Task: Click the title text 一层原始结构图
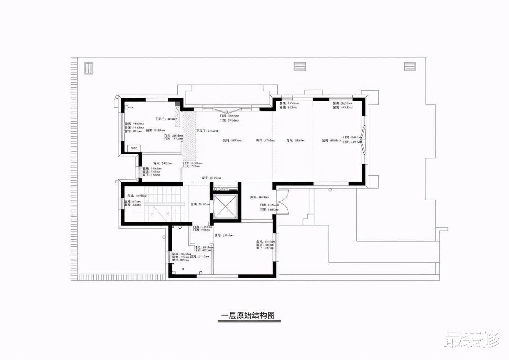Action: tap(248, 315)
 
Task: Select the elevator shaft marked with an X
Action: tap(224, 206)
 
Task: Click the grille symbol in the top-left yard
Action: tap(89, 68)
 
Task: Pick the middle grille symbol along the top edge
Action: tap(300, 67)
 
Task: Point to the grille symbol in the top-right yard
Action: tap(410, 67)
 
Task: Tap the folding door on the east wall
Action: tap(363, 140)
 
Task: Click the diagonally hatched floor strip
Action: tap(189, 136)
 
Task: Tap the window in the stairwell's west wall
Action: tap(121, 204)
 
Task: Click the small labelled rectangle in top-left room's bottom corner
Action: tap(134, 148)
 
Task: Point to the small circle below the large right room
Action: tap(330, 190)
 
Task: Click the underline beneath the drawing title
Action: tap(249, 321)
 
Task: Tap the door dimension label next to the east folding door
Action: tap(351, 140)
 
